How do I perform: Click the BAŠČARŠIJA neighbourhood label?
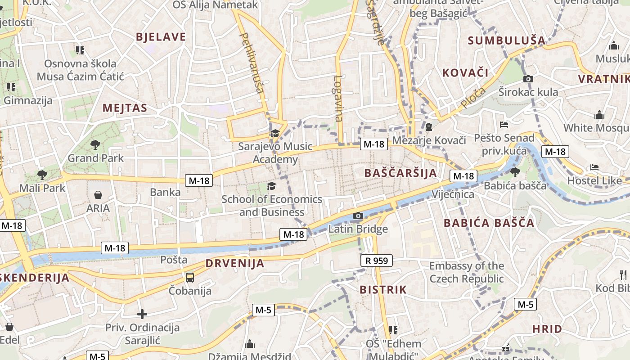[x=400, y=173]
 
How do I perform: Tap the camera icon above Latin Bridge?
[x=358, y=216]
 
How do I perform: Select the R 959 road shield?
[x=377, y=261]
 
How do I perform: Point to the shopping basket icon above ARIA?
[x=98, y=195]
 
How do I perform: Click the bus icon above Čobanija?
[x=190, y=277]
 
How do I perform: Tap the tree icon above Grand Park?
[x=95, y=144]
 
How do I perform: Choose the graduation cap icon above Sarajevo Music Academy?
[x=274, y=133]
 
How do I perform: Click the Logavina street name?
[x=338, y=98]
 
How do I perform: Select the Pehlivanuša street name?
[x=252, y=63]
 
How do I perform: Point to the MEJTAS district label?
[x=125, y=108]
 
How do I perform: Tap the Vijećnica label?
[x=453, y=194]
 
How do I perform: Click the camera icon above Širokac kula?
[x=528, y=79]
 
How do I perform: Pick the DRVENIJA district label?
[x=235, y=264]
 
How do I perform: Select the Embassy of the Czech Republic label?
[x=467, y=272]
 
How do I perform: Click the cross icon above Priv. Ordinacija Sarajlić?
[x=142, y=314]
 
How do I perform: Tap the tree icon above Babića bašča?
[x=515, y=172]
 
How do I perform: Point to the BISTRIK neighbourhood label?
[x=383, y=290]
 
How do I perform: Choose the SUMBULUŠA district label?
[x=506, y=40]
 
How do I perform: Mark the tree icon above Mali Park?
[x=42, y=175]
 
